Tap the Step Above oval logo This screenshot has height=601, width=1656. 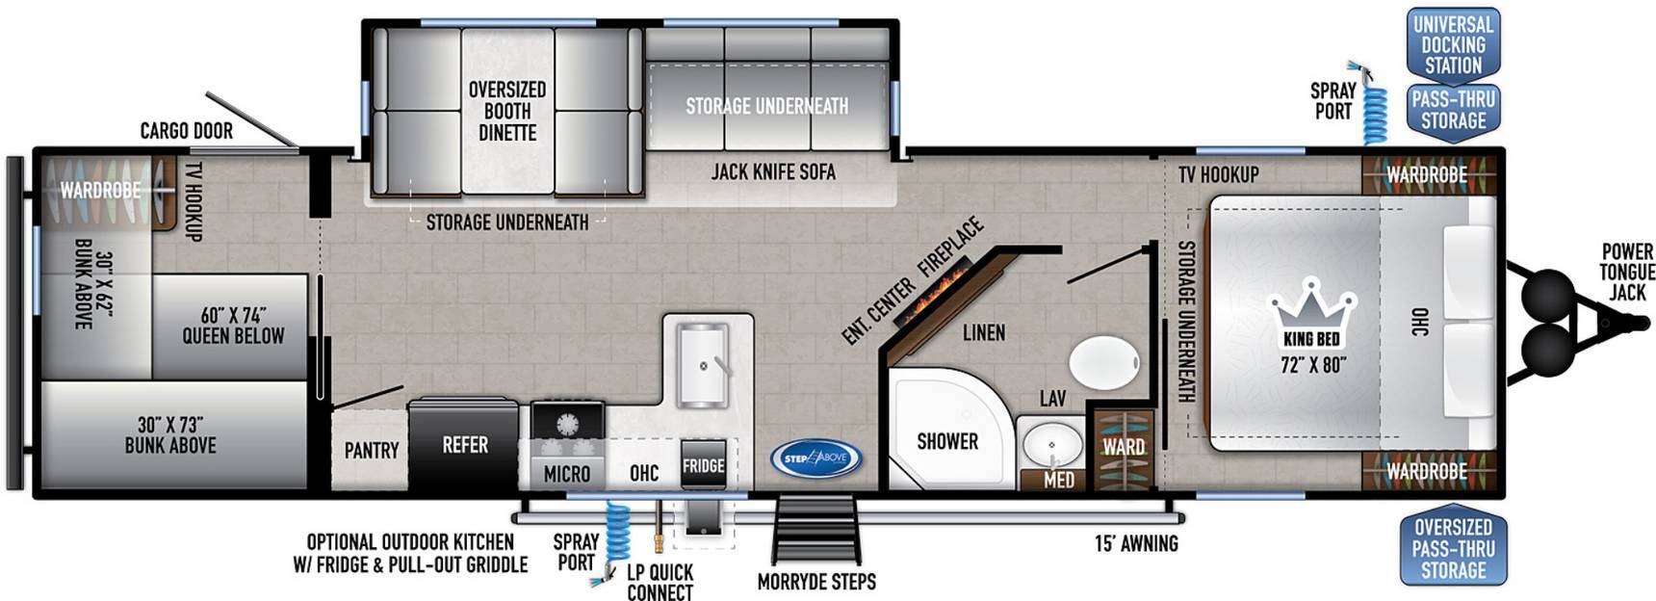click(x=816, y=458)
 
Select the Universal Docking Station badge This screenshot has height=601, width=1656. click(x=1453, y=44)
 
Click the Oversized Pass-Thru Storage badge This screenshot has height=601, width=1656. click(x=1453, y=547)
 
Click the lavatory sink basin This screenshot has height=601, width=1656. click(x=1050, y=445)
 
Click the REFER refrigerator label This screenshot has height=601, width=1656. click(x=465, y=445)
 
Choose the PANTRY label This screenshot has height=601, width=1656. click(x=372, y=451)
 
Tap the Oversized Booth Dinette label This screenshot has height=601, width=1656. click(x=507, y=111)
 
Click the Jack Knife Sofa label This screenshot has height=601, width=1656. click(x=773, y=172)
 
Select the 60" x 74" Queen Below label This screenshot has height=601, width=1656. click(x=233, y=326)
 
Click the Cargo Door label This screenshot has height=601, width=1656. click(x=187, y=131)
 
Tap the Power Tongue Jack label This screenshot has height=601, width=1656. click(x=1627, y=272)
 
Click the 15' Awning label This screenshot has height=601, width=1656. click(x=1136, y=544)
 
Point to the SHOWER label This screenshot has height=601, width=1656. click(x=947, y=441)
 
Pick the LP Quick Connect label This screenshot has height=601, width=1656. click(x=660, y=583)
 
